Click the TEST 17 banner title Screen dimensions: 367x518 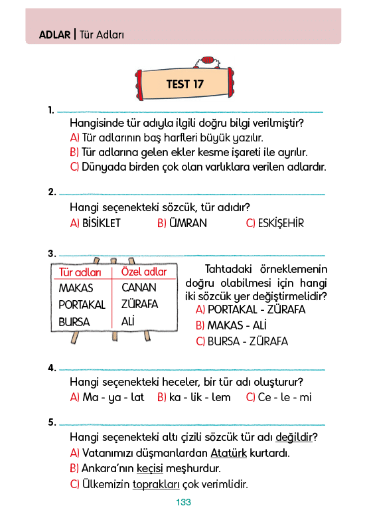coord(184,84)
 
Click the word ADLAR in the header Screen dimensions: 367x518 coord(55,35)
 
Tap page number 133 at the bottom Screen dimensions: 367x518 coord(183,503)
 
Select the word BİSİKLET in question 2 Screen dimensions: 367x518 coord(102,223)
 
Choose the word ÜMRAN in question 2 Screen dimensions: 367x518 coord(188,223)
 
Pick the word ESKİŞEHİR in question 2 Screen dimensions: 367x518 coord(281,223)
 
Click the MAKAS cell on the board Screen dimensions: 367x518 coord(76,288)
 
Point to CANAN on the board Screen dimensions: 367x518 coord(139,288)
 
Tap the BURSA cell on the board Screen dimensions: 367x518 coord(74,322)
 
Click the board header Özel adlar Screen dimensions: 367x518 coord(144,272)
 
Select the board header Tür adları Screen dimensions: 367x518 coord(80,272)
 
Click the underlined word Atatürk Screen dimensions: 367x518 coord(229,453)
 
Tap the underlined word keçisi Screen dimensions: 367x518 coord(150,468)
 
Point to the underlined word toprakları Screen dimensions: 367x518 coord(156,485)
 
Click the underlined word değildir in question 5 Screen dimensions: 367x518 coord(294,437)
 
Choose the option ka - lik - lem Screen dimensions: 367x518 coord(200,397)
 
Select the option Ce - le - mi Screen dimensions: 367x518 coord(285,397)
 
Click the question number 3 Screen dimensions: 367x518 coord(52,254)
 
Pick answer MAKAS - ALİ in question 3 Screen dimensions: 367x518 coord(237,325)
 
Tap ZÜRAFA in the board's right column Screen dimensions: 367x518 coord(140,304)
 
